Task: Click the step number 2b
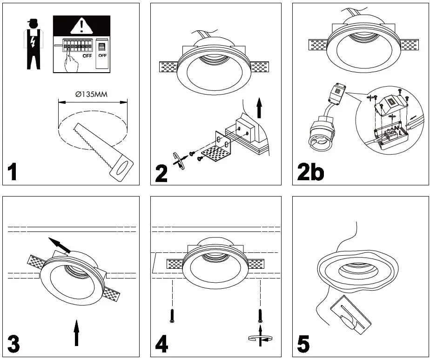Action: pos(310,172)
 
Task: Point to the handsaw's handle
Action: pos(122,169)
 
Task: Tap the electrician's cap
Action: pos(32,20)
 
